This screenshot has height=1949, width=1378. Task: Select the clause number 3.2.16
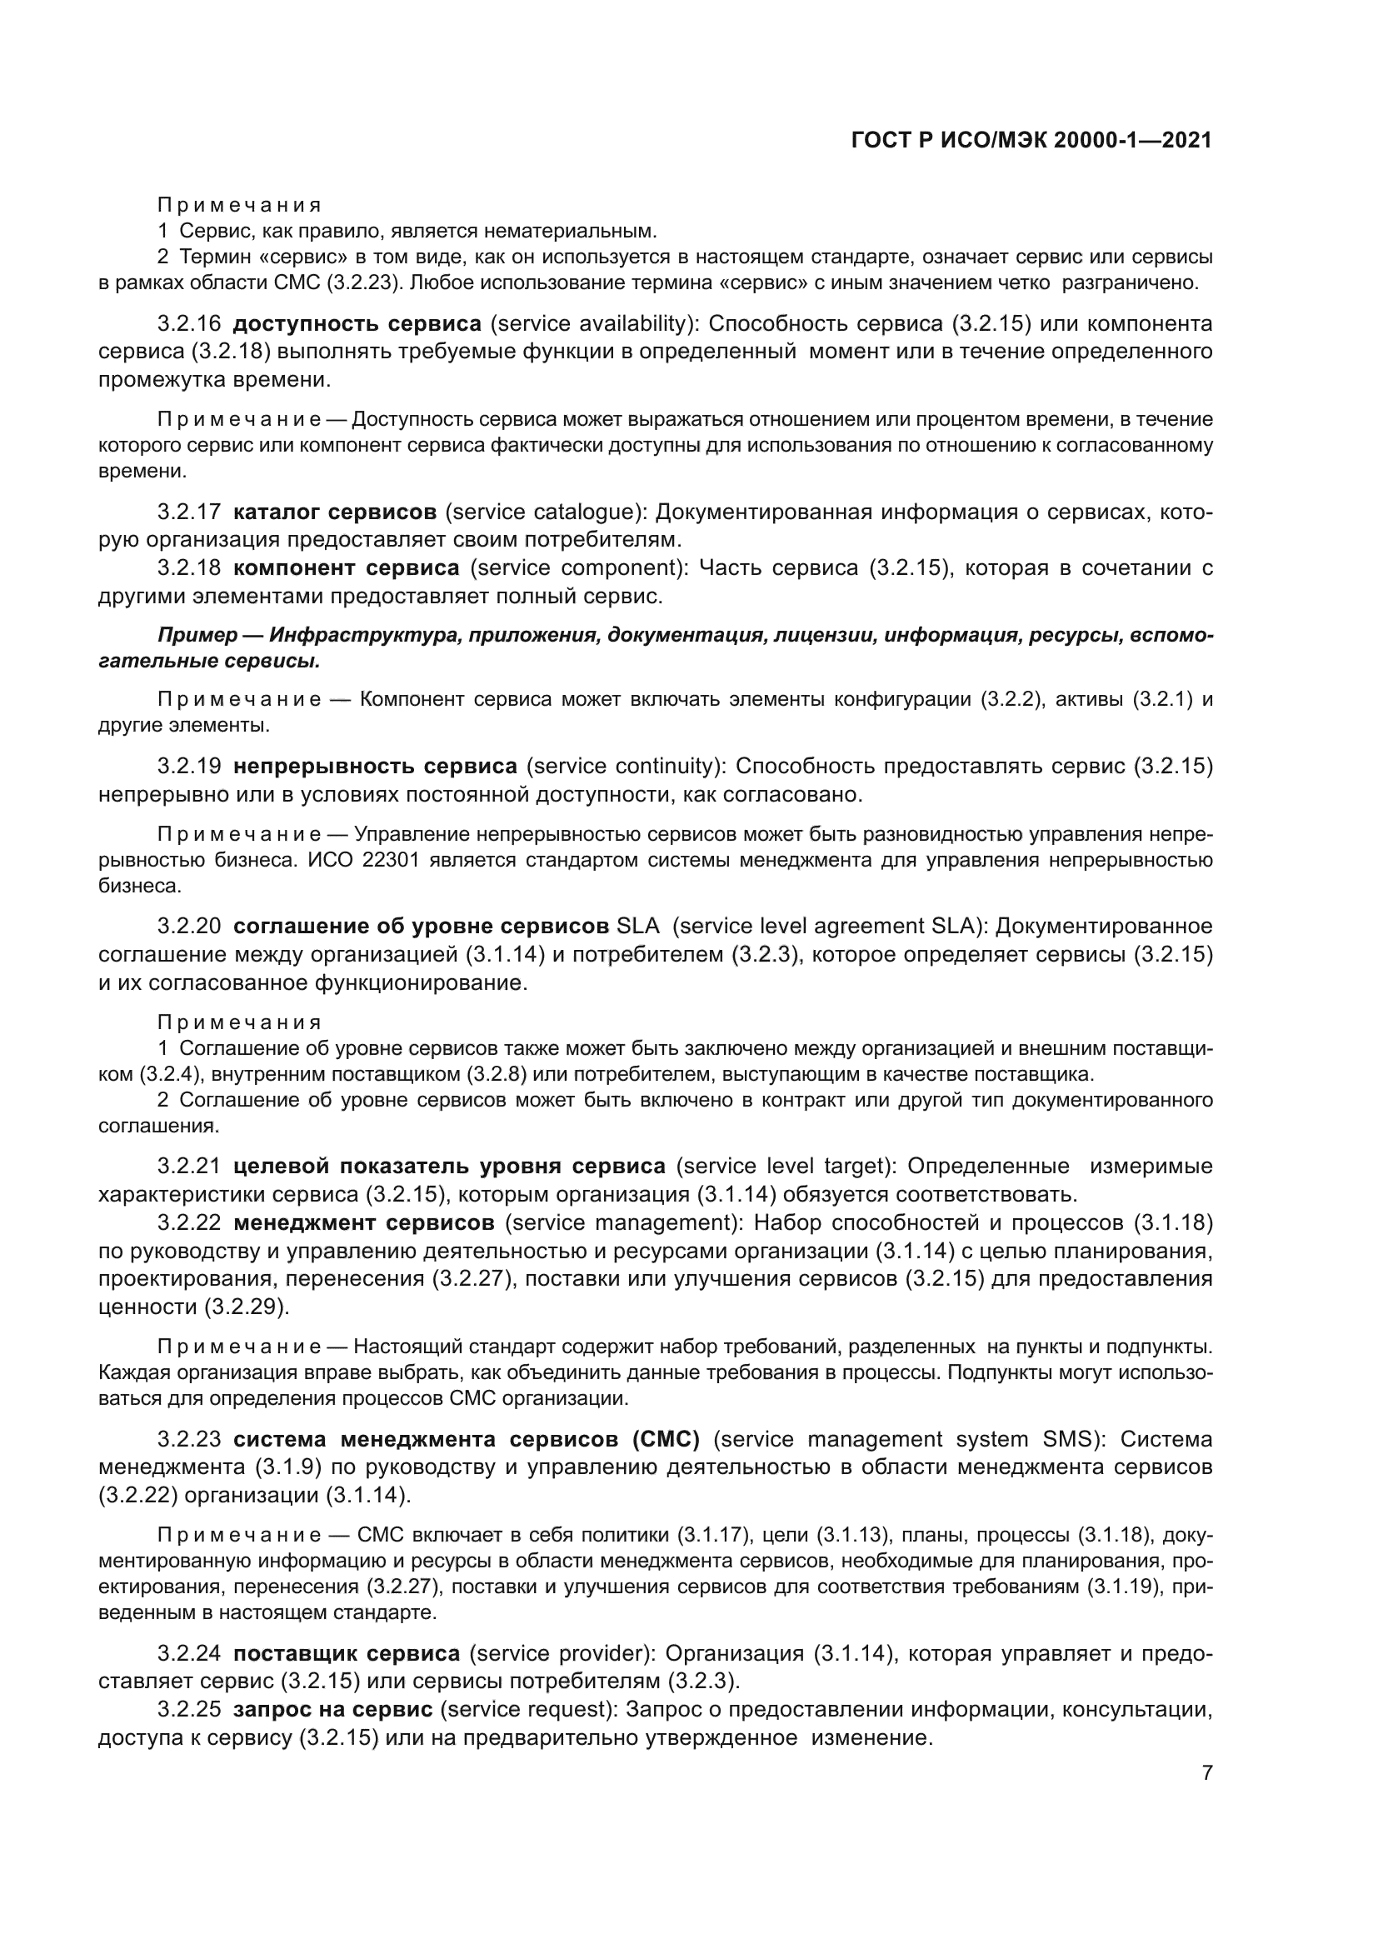[188, 323]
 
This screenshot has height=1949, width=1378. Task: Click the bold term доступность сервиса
[357, 323]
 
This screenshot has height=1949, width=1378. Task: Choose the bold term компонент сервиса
[347, 568]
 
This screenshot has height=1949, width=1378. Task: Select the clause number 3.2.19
[188, 767]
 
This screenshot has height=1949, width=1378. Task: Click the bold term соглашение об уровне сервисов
[421, 926]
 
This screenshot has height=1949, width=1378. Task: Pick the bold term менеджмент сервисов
[363, 1222]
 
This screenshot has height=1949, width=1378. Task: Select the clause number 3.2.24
[188, 1652]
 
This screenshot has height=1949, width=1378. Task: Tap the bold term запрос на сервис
[332, 1709]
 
